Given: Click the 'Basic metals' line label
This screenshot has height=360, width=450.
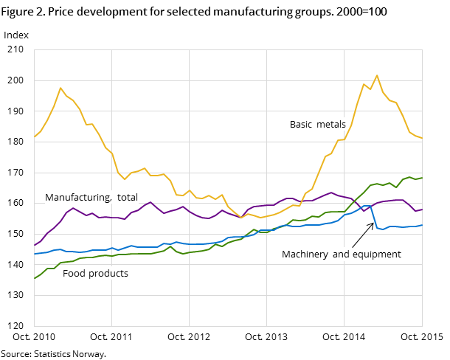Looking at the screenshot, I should coord(317,125).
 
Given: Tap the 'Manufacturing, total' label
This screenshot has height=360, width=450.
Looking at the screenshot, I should coord(91,198).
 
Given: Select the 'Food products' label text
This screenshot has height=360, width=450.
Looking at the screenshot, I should coord(95,274).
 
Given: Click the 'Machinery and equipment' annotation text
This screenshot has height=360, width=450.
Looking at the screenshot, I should coord(341,255).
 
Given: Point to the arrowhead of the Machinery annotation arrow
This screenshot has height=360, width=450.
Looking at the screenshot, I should coord(373,224).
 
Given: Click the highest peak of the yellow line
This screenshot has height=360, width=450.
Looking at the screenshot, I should coord(377,75).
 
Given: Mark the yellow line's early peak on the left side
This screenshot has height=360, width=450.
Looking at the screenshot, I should coord(60,88).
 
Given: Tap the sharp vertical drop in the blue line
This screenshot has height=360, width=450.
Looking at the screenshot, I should coord(374,217).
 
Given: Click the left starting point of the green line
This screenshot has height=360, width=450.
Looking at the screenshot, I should coord(34,279).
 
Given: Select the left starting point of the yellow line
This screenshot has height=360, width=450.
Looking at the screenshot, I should coord(34,137).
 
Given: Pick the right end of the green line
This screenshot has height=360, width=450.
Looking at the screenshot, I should coord(422,178).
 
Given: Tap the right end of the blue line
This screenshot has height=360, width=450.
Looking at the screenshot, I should coord(422,225).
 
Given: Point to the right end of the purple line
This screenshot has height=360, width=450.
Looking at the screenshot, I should coord(422,210).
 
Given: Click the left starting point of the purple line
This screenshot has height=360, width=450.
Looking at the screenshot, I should coord(34,246).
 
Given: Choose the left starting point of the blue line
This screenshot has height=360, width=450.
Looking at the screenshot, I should coord(34,254).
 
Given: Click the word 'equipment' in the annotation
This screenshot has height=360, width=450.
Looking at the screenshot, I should coord(378,255).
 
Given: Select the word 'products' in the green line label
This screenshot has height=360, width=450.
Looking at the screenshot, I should coord(110,274).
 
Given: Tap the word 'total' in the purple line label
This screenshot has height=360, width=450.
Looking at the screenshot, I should coord(126,198).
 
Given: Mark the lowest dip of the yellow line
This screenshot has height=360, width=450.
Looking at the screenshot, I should coord(240,218).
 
